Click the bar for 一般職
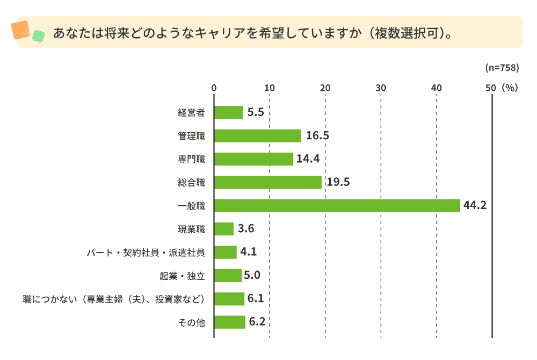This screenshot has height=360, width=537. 337,206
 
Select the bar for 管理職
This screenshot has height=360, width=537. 258,136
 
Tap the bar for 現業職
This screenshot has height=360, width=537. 224,229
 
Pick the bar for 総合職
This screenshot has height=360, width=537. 268,183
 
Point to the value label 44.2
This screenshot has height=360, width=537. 475,206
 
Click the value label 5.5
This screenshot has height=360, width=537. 256,113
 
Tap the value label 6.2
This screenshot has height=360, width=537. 258,322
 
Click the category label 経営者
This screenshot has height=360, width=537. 192,113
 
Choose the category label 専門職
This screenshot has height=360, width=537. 192,160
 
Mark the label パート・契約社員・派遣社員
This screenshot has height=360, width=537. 146,253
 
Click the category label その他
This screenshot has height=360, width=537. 192,322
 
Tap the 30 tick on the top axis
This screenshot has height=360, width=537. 381,88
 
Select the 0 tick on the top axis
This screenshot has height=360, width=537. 214,88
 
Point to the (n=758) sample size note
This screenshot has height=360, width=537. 501,68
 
